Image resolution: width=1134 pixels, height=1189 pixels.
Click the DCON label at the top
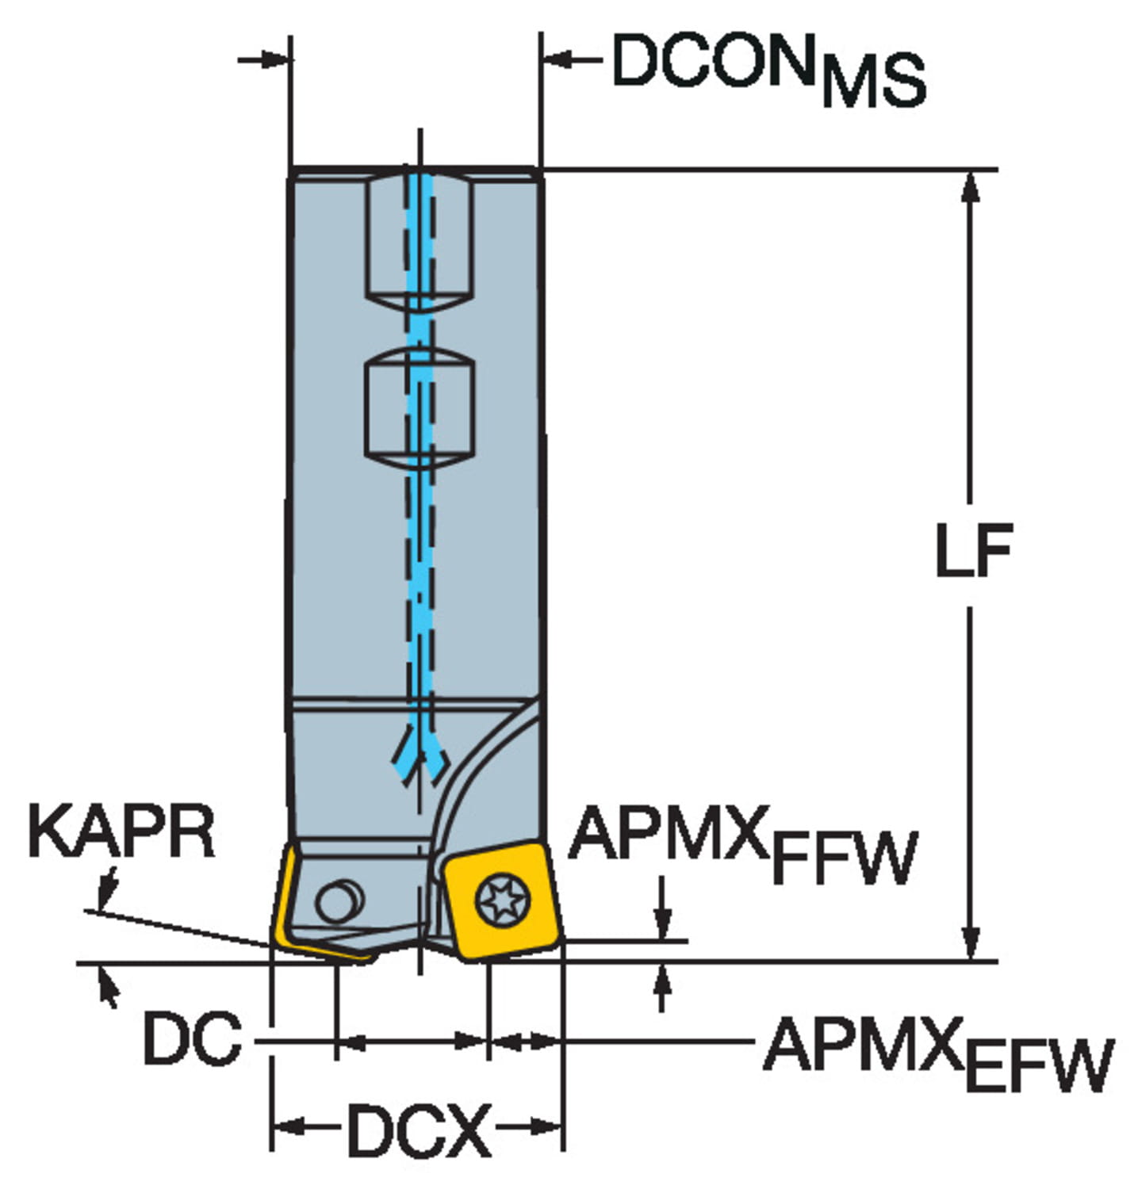(x=714, y=61)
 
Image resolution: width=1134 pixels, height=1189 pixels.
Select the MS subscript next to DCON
(x=873, y=81)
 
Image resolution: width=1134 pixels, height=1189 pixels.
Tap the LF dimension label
(x=973, y=550)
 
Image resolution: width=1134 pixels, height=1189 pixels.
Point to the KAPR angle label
(x=121, y=832)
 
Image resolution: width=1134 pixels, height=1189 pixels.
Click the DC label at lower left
(x=193, y=1038)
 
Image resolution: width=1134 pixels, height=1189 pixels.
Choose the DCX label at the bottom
(x=419, y=1130)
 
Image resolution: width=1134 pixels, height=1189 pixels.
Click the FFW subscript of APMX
(x=845, y=858)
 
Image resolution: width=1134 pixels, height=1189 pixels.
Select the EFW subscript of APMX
(x=1039, y=1066)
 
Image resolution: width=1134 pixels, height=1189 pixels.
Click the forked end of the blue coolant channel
(x=420, y=762)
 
